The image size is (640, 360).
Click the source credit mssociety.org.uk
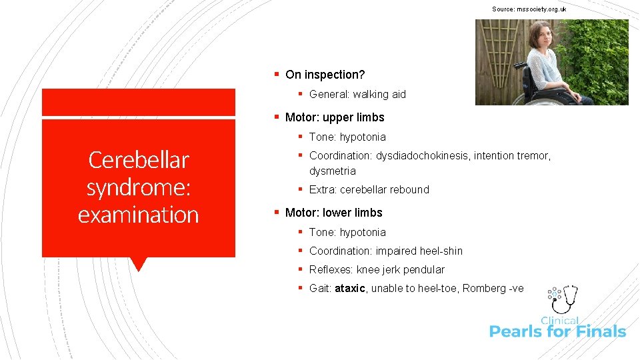[529, 9]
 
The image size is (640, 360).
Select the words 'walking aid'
[379, 94]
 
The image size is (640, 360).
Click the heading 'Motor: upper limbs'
[335, 117]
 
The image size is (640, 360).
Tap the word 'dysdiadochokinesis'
[419, 155]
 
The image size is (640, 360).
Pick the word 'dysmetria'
[332, 171]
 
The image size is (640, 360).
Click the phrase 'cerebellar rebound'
[384, 189]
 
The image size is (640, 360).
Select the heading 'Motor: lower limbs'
[333, 213]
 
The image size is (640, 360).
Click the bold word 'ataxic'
[350, 288]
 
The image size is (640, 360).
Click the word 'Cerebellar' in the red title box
[139, 160]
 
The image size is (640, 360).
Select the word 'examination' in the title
[139, 215]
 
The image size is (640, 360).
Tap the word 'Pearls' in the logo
[519, 331]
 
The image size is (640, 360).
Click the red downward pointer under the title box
[139, 264]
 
